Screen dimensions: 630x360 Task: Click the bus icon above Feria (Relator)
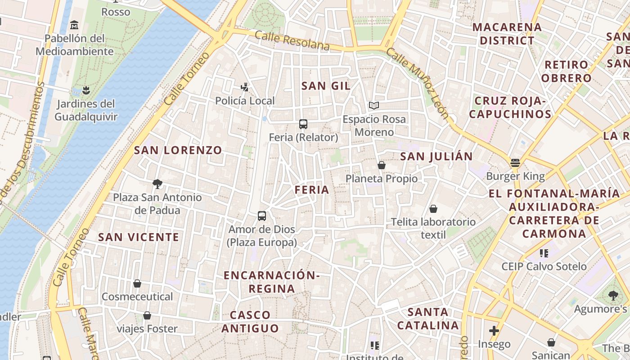[303, 124]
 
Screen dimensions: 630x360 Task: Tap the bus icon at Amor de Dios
[262, 216]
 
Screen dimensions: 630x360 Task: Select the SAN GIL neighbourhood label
[326, 86]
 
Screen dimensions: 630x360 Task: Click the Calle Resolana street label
[292, 40]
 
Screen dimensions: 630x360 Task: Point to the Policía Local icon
[245, 87]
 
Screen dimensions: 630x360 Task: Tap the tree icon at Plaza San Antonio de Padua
[157, 184]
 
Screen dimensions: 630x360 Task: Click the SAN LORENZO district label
[178, 150]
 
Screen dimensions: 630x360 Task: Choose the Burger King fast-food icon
[515, 162]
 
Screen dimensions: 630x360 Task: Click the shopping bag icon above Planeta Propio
[381, 165]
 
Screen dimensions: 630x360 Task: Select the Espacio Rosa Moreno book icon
[373, 105]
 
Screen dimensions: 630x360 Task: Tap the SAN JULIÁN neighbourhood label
[436, 157]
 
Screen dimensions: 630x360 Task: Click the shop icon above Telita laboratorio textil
[433, 209]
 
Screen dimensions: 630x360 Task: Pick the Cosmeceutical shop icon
[137, 283]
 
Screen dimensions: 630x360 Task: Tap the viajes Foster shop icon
[147, 315]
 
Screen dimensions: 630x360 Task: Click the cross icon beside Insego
[494, 331]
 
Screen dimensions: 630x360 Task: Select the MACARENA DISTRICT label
[507, 34]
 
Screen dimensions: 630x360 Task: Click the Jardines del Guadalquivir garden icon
[86, 90]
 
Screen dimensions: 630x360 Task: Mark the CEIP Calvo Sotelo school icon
[544, 253]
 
